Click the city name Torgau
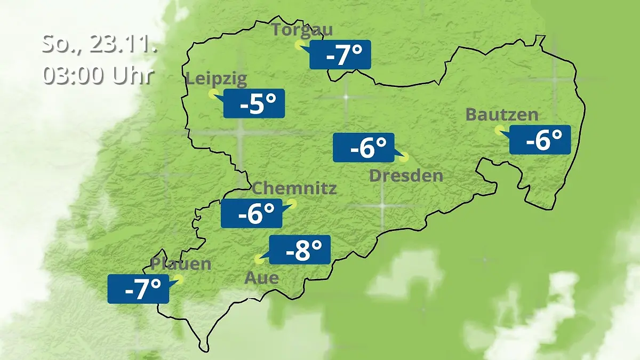click(x=302, y=29)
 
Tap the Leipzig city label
click(x=217, y=79)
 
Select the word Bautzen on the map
click(x=501, y=114)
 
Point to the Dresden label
click(x=406, y=175)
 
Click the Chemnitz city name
click(x=294, y=188)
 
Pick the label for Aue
click(x=261, y=278)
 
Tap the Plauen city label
click(x=181, y=263)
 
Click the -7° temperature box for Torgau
click(x=340, y=55)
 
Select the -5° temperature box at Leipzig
click(x=254, y=103)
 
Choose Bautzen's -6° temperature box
click(x=540, y=140)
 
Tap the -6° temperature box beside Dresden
click(x=364, y=147)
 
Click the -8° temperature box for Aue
click(x=300, y=250)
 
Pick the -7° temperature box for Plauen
click(x=139, y=289)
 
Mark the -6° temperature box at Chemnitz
click(x=252, y=213)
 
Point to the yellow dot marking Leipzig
click(x=212, y=94)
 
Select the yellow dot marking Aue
click(x=259, y=259)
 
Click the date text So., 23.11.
click(x=100, y=43)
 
